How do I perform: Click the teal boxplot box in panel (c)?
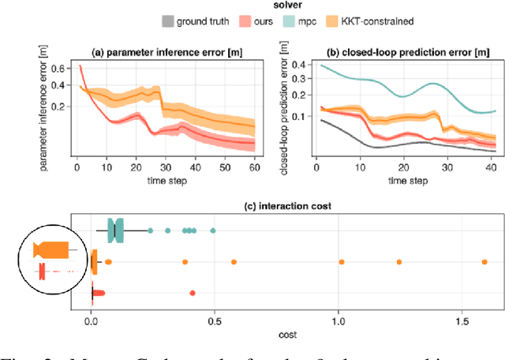[x=115, y=231]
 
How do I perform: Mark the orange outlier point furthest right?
[x=484, y=261]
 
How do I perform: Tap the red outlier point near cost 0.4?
[x=193, y=293]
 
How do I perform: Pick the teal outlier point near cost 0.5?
[x=213, y=231]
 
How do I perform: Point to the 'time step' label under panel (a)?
[x=165, y=181]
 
